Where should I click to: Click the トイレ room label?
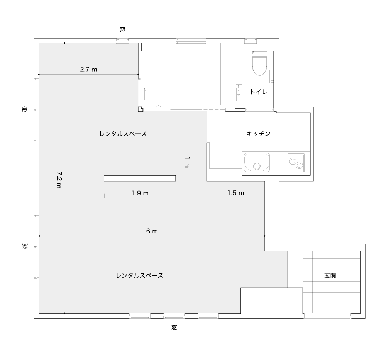pos(259,92)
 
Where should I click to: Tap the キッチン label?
pos(259,134)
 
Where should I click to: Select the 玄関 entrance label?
pos(330,275)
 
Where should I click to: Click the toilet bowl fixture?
pos(259,63)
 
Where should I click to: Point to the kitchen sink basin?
pos(257,162)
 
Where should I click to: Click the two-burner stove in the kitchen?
pos(296,163)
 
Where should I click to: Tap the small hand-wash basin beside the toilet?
pos(239,93)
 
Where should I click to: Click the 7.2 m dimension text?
pos(59,180)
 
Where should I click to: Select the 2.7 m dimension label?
pos(89,70)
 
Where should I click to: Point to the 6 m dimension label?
pos(152,231)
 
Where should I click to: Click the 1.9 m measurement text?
pos(140,193)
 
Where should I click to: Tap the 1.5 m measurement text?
pos(236,193)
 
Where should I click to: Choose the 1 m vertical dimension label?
pos(187,162)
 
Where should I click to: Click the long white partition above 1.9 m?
pos(140,178)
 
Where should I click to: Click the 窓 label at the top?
pos(123,30)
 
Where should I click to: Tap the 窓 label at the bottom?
pos(174,328)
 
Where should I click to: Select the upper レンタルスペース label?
pos(123,134)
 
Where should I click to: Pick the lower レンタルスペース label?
pos(140,275)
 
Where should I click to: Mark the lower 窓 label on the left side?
pos(25,246)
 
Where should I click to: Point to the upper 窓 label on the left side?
pos(25,109)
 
